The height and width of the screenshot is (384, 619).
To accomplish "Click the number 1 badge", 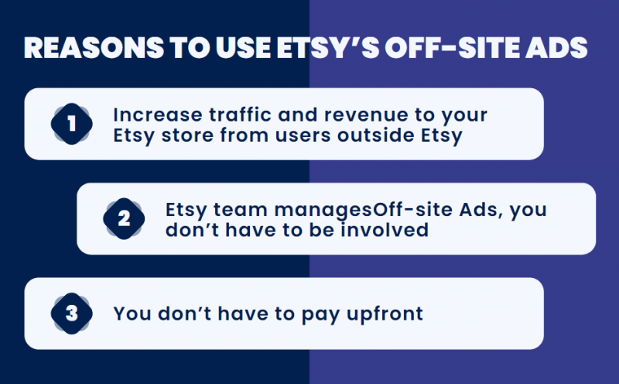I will point(72,125).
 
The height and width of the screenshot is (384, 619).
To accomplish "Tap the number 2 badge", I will point(124,219).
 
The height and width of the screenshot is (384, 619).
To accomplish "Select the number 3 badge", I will point(72,314).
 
